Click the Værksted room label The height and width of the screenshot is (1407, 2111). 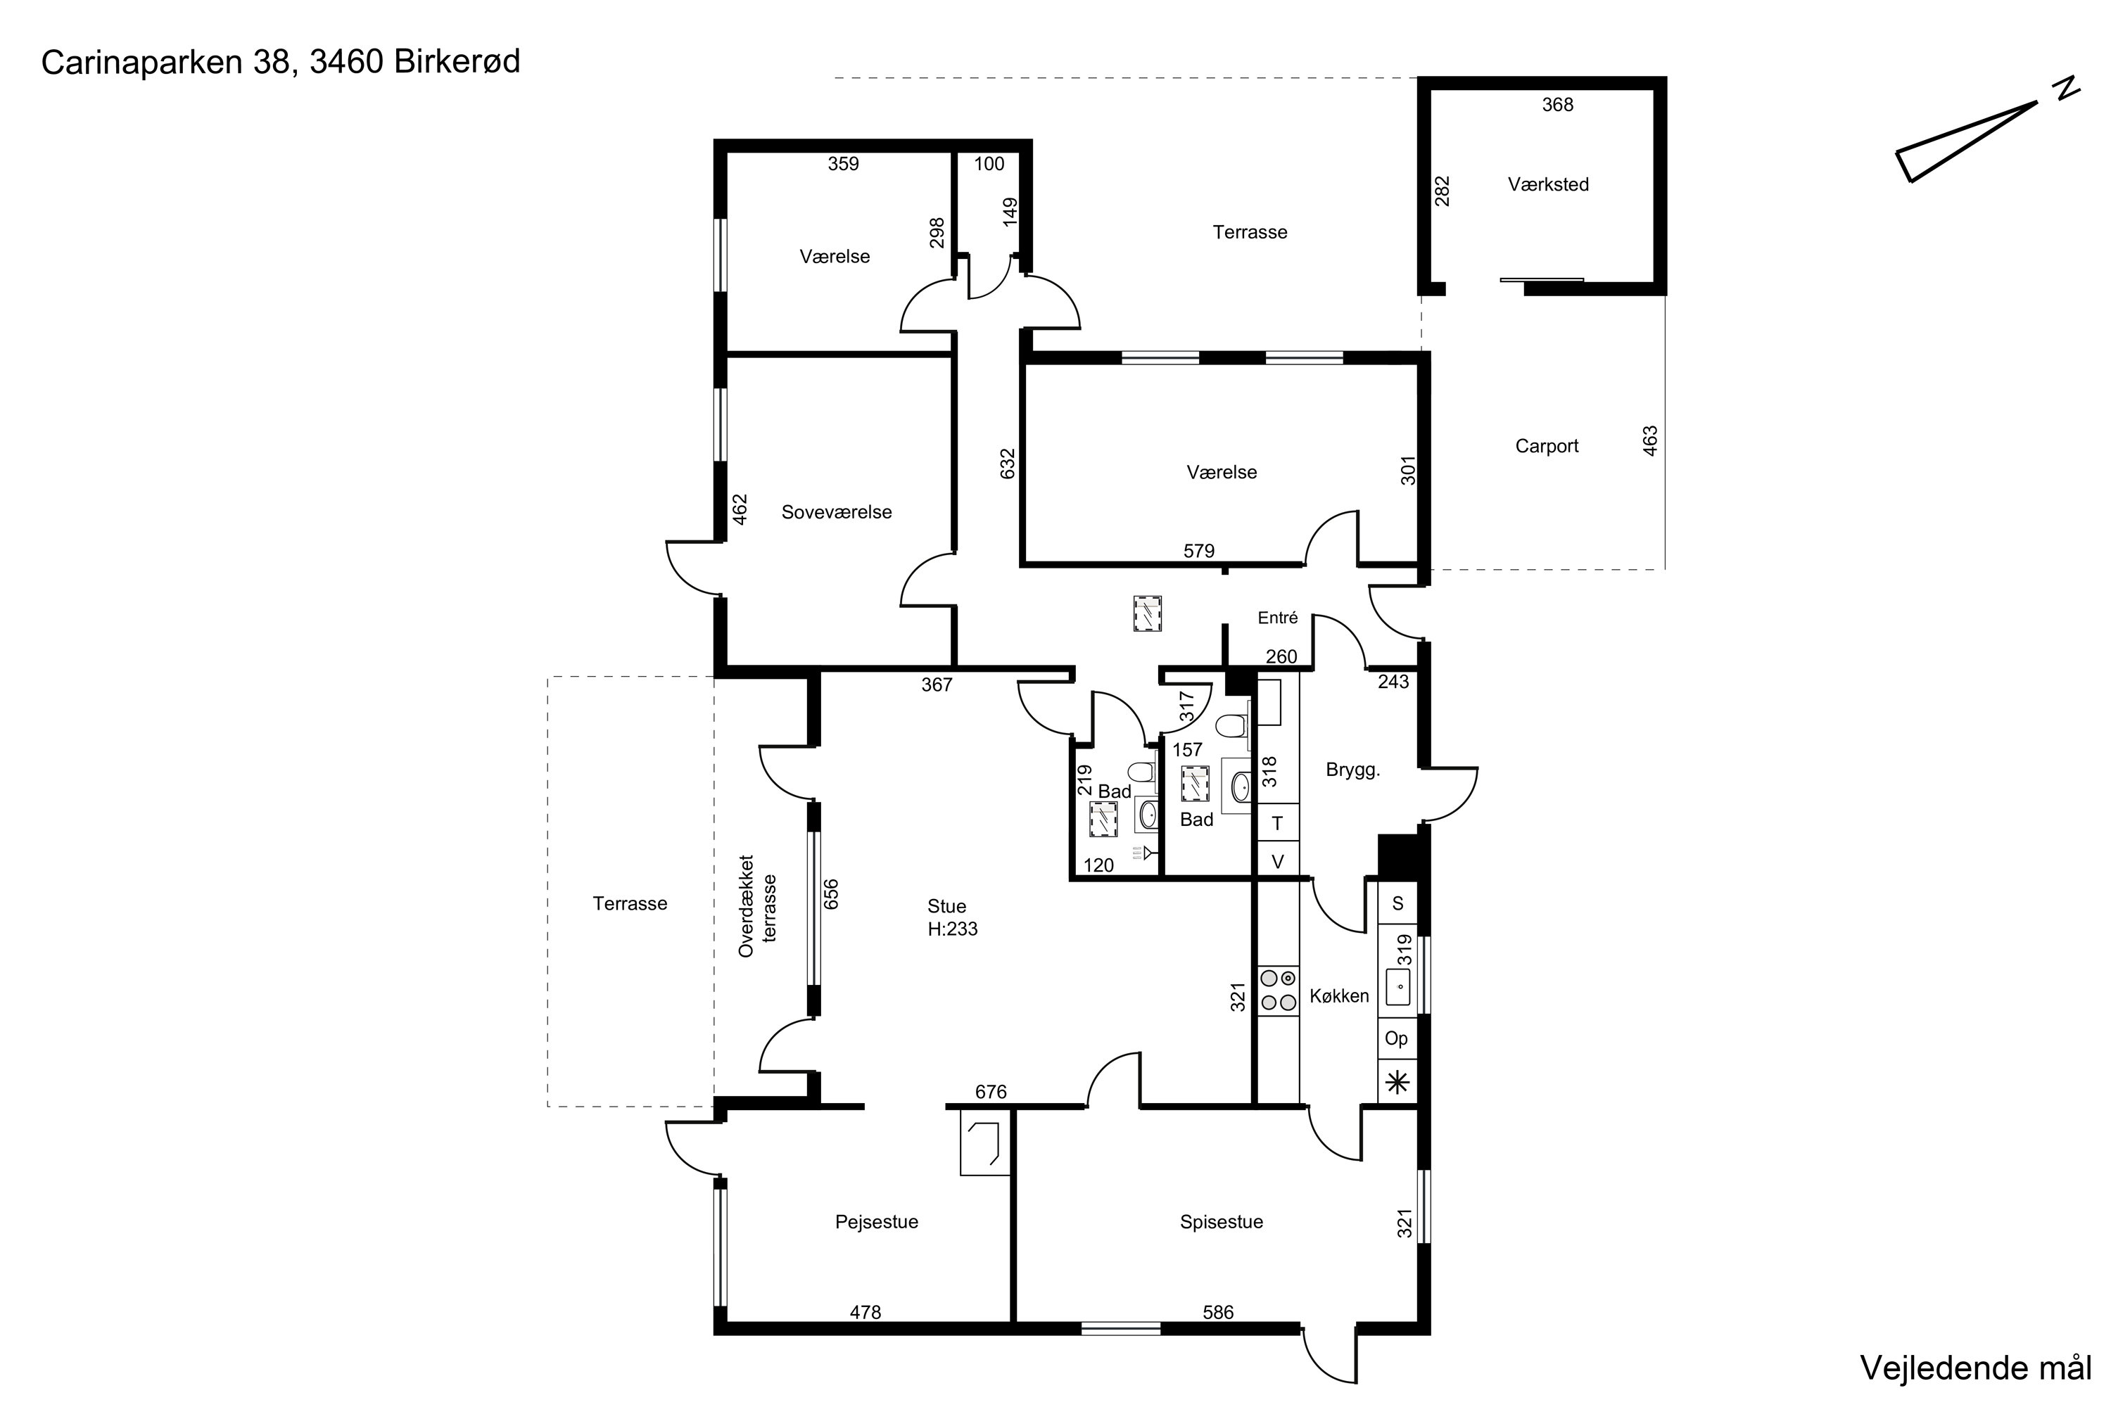point(1548,184)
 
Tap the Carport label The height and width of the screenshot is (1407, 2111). point(1547,446)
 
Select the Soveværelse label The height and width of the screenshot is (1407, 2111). point(837,512)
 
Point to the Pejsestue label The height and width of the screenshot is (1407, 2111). point(877,1222)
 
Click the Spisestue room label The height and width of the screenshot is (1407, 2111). point(1222,1222)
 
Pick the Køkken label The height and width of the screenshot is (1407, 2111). point(1339,996)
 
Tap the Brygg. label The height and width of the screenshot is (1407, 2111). point(1352,770)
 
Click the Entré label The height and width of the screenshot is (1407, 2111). point(1278,618)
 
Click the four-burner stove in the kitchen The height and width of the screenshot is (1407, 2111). point(1278,991)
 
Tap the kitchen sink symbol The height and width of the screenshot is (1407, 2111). point(1398,987)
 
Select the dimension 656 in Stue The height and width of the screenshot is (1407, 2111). point(831,893)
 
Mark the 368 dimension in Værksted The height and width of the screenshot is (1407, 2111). point(1558,105)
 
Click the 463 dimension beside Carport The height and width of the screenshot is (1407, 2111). point(1649,440)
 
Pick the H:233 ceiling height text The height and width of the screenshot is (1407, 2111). point(952,929)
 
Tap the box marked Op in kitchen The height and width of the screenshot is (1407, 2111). point(1397,1039)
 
